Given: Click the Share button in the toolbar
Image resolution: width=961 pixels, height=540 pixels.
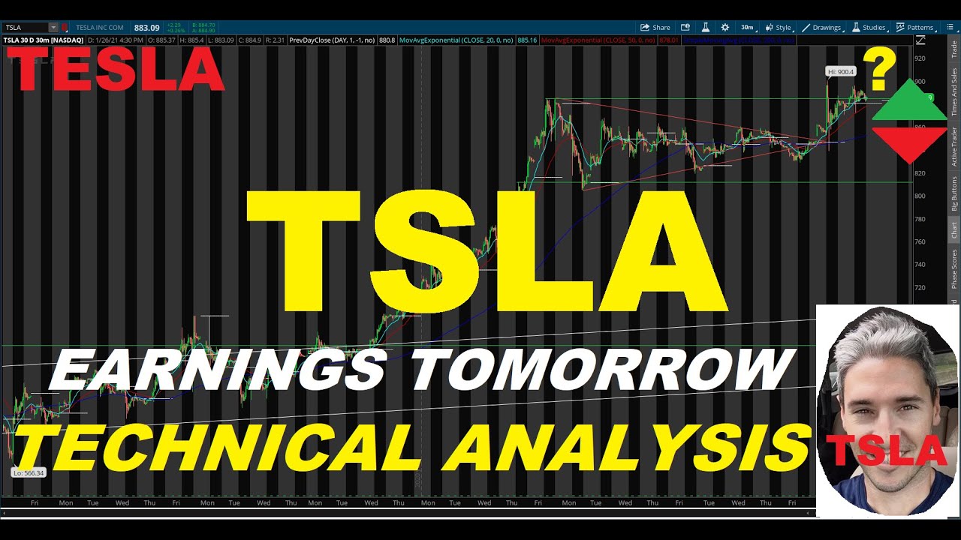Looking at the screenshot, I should coord(655,28).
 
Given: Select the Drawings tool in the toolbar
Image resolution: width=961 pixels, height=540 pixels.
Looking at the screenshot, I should coord(821,28).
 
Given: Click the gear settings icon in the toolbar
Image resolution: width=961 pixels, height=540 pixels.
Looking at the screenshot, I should coord(725,28).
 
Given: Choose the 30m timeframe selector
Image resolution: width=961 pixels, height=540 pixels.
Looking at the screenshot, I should coord(747,28).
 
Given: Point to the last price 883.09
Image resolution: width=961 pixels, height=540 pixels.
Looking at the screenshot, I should coord(146,28).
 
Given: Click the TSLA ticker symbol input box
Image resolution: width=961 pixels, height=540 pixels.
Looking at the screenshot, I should coord(26,28).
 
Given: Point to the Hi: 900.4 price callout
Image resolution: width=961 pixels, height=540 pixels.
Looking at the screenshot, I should coord(840,72).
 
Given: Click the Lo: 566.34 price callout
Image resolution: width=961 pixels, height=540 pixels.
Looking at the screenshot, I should coord(29,472).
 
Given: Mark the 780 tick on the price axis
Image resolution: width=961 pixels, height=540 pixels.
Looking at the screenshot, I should coord(940,219).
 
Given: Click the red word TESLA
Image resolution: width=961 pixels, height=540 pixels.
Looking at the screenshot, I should coord(116,69).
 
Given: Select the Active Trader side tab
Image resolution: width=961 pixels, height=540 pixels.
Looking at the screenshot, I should coord(954,147).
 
